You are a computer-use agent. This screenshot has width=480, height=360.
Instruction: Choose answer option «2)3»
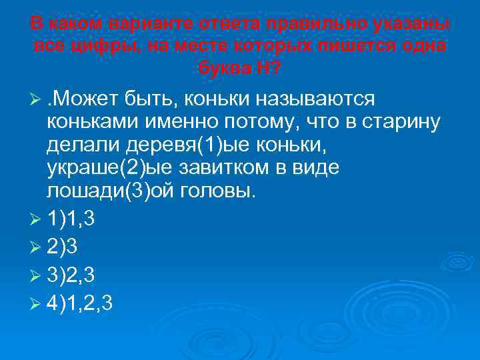63,245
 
